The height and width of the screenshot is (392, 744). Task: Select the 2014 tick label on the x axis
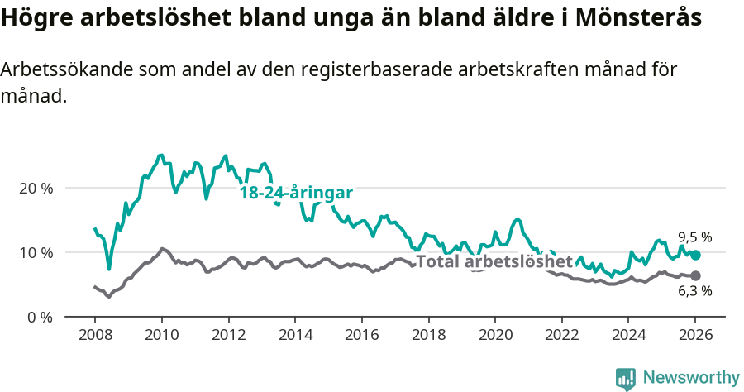(294, 337)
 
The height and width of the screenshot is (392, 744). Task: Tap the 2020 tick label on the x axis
(494, 337)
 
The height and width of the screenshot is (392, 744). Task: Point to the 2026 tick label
(694, 337)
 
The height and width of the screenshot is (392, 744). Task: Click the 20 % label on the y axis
(36, 188)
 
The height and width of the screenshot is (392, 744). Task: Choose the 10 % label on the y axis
(36, 252)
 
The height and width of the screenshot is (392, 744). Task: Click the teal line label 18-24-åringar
(296, 193)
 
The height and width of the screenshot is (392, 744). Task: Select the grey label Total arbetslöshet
(494, 262)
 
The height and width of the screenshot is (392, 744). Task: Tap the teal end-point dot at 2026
(695, 256)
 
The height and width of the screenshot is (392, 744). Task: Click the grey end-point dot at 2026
(695, 275)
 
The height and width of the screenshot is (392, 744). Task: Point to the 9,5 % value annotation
(694, 237)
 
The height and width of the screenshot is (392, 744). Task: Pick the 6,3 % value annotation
(694, 291)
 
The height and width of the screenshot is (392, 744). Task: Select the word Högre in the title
(36, 18)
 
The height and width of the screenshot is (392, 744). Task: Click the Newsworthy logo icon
(626, 379)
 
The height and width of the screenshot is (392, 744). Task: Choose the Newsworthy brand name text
(691, 378)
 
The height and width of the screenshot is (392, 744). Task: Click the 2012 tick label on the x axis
(228, 337)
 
